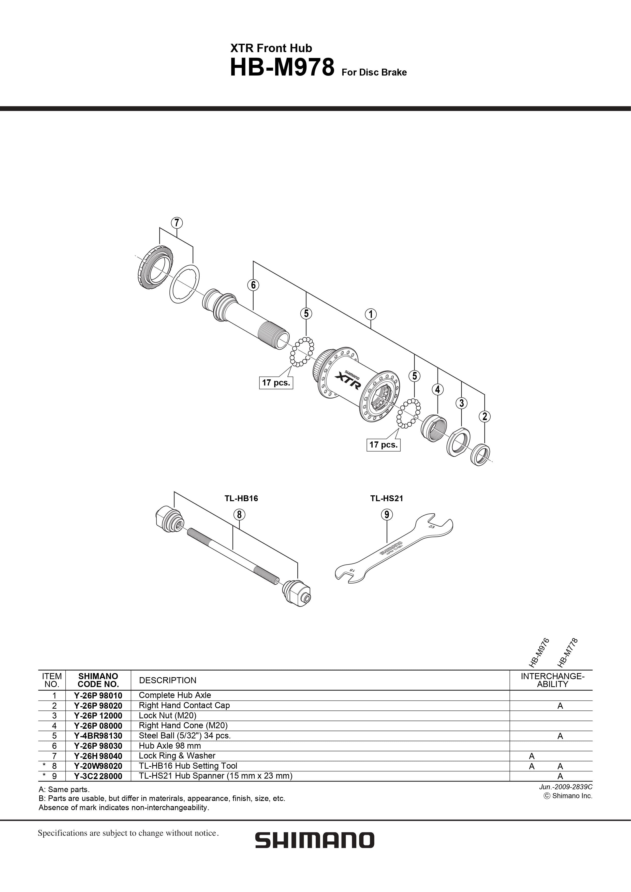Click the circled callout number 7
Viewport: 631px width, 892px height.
point(177,222)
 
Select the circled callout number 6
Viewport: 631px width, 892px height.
point(253,285)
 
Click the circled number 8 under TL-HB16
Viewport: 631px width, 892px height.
point(239,514)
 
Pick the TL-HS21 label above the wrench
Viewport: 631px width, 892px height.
point(387,498)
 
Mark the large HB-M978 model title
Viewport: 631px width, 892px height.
point(282,67)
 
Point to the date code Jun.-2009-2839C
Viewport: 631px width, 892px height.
point(566,787)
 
